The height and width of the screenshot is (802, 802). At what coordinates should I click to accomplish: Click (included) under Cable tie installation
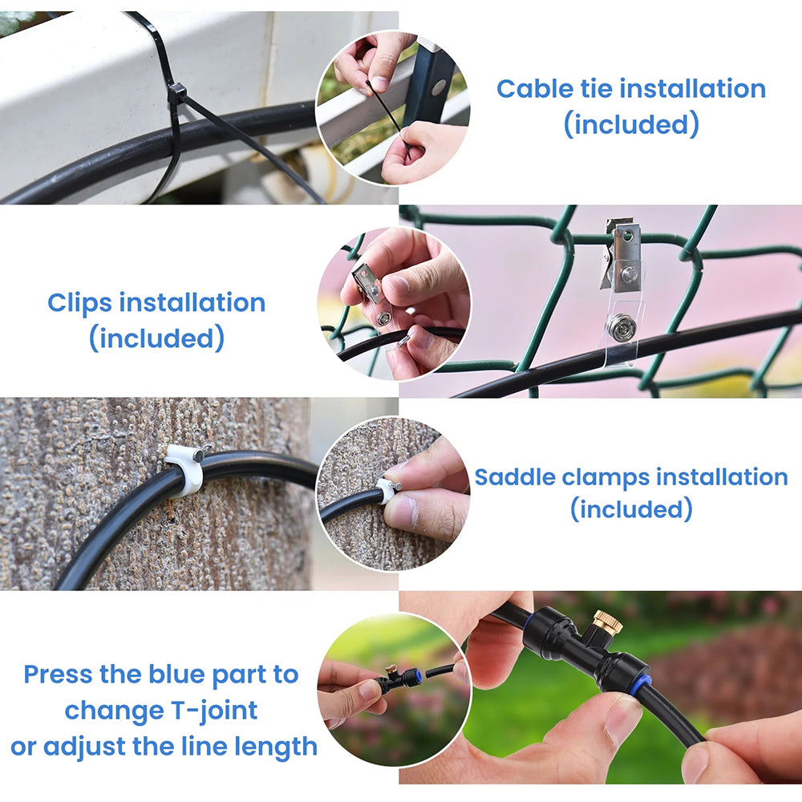(x=631, y=124)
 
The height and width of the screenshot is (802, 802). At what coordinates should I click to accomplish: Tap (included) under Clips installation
(x=156, y=338)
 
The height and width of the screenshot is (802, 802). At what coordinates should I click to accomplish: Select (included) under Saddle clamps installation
(x=631, y=509)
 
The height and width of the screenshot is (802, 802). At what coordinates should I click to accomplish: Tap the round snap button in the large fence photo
(x=621, y=327)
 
